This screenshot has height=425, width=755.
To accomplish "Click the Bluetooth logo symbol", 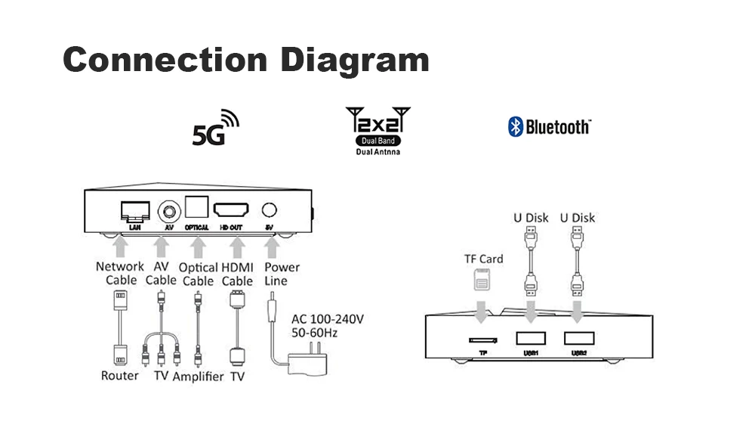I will pyautogui.click(x=516, y=126).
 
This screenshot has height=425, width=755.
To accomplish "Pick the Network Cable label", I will pyautogui.click(x=120, y=273).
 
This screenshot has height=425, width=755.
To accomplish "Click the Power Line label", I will pyautogui.click(x=282, y=274).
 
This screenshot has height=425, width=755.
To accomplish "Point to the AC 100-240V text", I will pyautogui.click(x=327, y=319).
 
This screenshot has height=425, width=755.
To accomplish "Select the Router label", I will pyautogui.click(x=120, y=376).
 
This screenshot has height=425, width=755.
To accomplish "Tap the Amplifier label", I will pyautogui.click(x=199, y=376).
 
